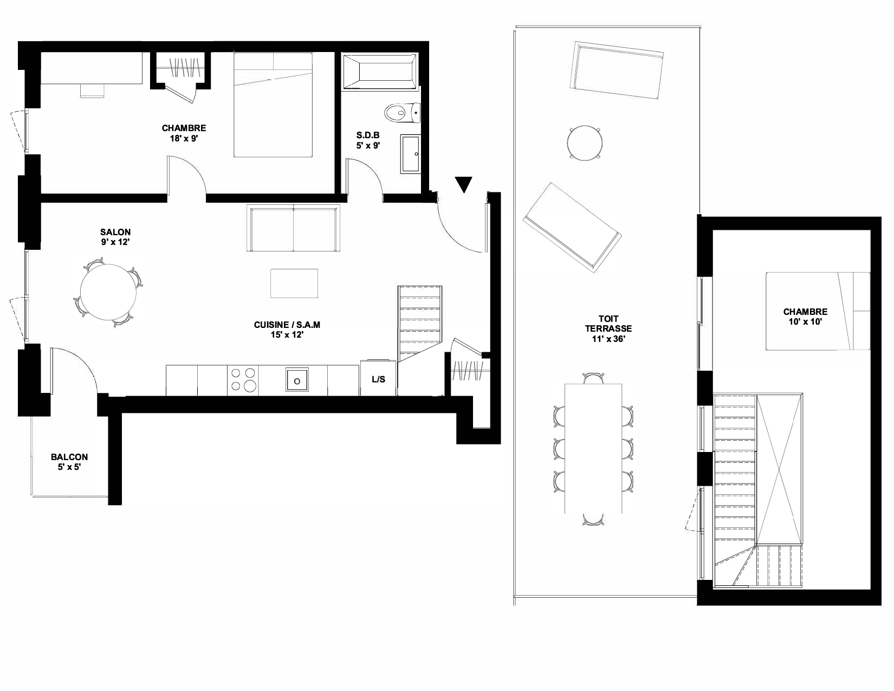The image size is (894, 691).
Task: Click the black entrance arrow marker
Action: coord(464,184)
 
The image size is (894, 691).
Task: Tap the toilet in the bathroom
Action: coord(403,113)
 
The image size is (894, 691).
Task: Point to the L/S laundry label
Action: coord(379,379)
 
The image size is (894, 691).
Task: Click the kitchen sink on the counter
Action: coord(297,379)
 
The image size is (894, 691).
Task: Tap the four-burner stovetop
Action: coord(243,379)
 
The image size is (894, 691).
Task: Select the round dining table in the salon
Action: coord(108,292)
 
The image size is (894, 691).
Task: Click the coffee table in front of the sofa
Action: coord(294,283)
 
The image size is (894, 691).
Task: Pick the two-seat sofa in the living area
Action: coord(293,228)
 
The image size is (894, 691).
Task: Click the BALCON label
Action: coord(69,457)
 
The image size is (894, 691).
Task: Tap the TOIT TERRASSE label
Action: coord(608,324)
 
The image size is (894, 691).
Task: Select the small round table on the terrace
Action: coord(585,143)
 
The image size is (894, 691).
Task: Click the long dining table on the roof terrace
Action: coord(593,449)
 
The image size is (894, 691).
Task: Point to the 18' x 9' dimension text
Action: coord(184,138)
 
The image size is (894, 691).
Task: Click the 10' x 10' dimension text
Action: coord(805,322)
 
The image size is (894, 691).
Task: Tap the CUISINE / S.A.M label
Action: coord(287,325)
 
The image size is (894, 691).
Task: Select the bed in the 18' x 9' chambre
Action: coord(273,105)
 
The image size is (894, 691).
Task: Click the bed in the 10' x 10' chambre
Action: coord(818,311)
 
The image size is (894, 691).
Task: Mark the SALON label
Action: coord(115,232)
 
